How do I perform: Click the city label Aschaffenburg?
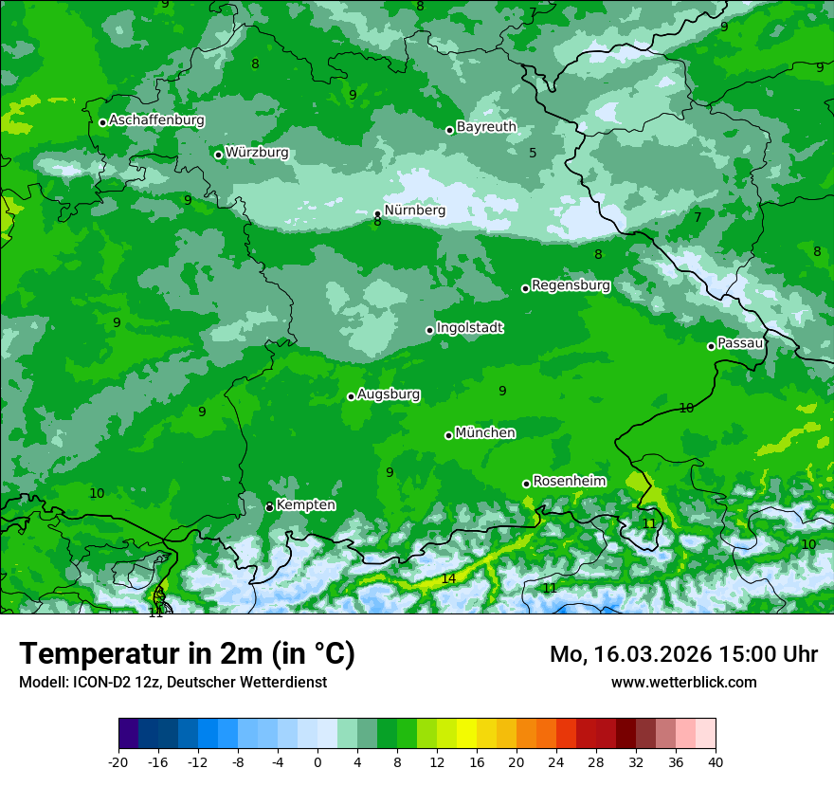tap(156, 120)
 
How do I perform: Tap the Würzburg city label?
tap(257, 153)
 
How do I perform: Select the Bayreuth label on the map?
tap(486, 127)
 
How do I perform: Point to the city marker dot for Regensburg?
tap(525, 288)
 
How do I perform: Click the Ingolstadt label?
tap(469, 328)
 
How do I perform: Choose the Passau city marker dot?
tap(711, 346)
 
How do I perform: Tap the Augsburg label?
tap(389, 394)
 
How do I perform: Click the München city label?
tap(485, 433)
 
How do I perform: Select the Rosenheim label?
tap(569, 482)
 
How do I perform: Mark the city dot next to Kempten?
tap(269, 507)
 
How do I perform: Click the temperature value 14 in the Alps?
tap(448, 578)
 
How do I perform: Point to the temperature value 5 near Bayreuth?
tap(533, 153)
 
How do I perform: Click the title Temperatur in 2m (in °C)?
tap(187, 654)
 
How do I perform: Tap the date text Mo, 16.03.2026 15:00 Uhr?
tap(683, 654)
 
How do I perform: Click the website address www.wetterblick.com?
tap(683, 683)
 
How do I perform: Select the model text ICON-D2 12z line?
tap(172, 683)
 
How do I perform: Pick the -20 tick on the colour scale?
tap(118, 761)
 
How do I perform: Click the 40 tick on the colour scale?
tap(716, 761)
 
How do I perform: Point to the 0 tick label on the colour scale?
tap(317, 761)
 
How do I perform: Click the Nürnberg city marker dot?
tap(377, 214)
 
